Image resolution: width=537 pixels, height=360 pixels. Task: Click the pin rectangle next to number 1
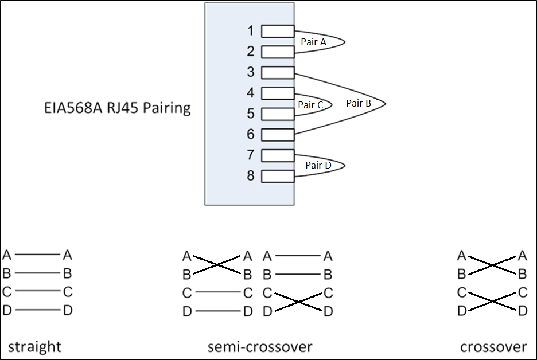(x=278, y=31)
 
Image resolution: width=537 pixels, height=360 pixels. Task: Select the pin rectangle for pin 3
(x=278, y=73)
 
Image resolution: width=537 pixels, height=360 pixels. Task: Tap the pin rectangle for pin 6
(x=278, y=135)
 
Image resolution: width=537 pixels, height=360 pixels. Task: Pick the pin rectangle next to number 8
(x=278, y=176)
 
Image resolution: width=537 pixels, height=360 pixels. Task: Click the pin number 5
(x=251, y=114)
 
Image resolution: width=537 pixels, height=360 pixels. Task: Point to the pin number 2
(x=251, y=52)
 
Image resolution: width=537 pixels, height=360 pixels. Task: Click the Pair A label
(x=313, y=42)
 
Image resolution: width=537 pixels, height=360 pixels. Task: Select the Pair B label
(x=359, y=104)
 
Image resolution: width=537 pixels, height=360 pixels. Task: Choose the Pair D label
(x=318, y=165)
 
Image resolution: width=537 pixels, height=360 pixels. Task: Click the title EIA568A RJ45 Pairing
(x=118, y=108)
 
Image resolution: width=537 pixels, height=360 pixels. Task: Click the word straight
(x=34, y=347)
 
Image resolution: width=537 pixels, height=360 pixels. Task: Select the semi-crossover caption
(x=260, y=347)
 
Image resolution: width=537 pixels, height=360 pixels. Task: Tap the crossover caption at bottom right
(x=493, y=347)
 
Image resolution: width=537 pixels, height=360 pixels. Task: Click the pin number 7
(x=251, y=155)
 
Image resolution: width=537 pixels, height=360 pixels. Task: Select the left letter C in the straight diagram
(x=7, y=292)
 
